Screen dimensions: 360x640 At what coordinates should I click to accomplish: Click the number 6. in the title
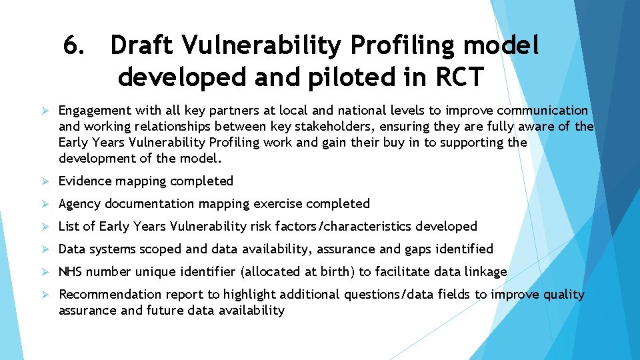point(75,46)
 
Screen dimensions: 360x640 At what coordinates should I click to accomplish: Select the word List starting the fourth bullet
point(69,227)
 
